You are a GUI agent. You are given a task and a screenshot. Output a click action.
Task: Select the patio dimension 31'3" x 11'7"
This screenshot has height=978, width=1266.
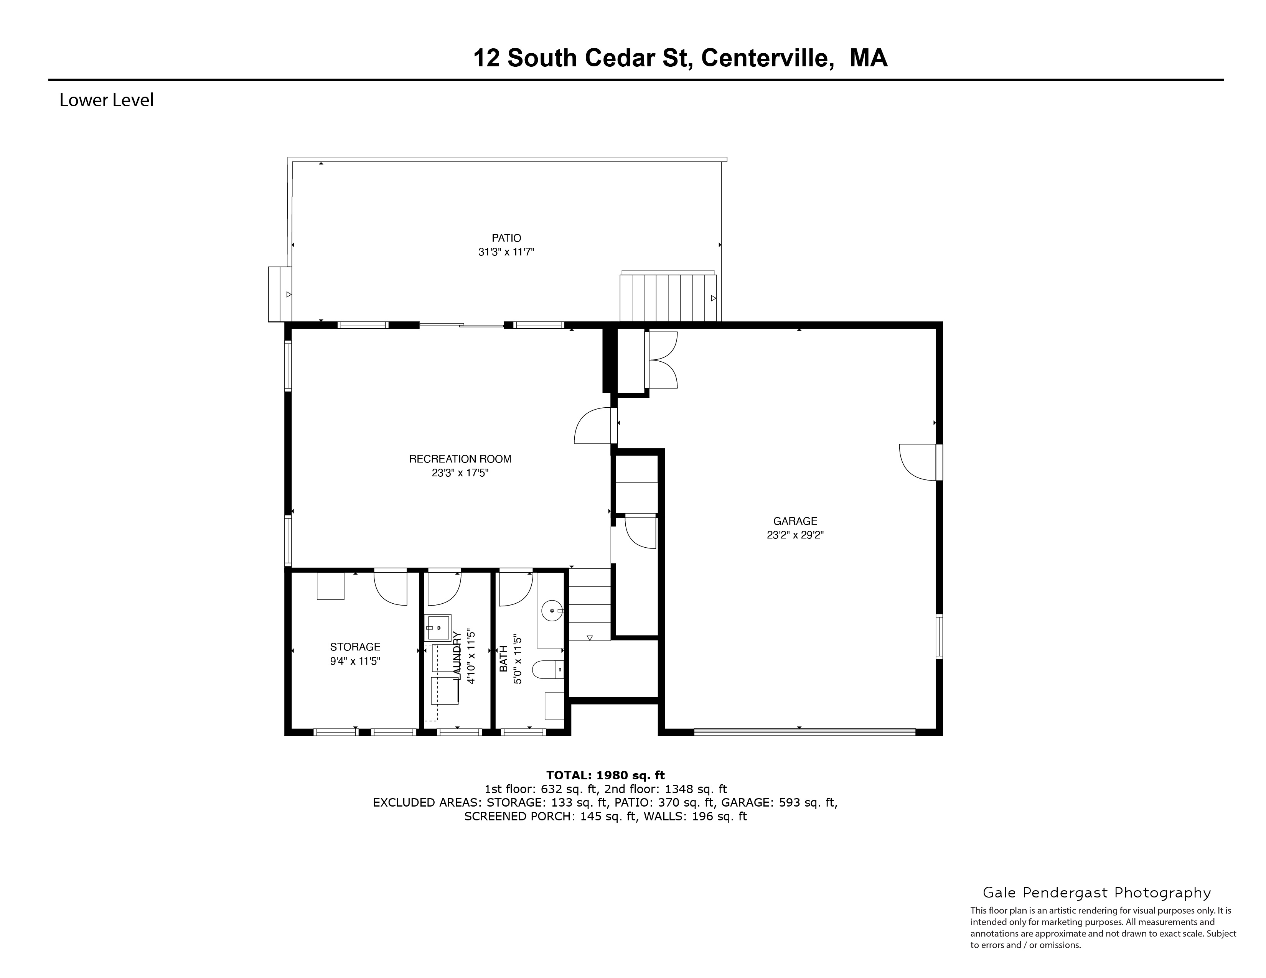click(x=506, y=252)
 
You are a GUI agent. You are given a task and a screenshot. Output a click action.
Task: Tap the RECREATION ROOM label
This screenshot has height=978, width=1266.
click(x=460, y=459)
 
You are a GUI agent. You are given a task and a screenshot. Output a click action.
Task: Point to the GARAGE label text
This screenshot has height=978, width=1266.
click(x=795, y=521)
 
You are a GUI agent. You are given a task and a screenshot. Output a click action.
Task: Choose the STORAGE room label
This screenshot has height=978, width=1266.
click(x=355, y=647)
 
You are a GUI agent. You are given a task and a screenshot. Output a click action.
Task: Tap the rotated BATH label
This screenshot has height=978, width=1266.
click(x=504, y=659)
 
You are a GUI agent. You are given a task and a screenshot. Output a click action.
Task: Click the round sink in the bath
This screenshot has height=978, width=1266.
click(x=552, y=611)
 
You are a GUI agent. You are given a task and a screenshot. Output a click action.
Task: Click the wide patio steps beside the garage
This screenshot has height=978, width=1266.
click(x=668, y=298)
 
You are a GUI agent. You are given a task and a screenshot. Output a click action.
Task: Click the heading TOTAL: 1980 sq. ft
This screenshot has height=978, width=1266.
click(x=605, y=775)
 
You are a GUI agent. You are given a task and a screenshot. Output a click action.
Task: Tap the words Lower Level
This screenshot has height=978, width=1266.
click(x=107, y=100)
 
